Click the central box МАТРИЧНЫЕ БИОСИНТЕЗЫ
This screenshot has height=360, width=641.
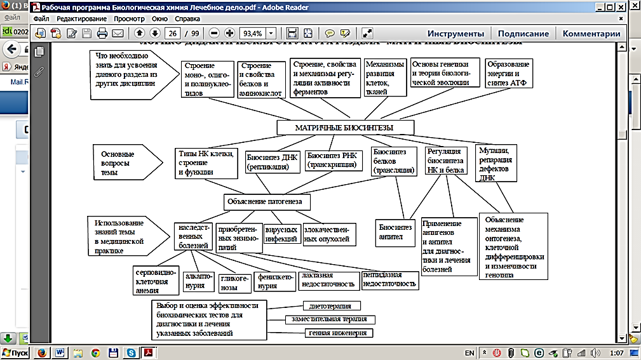345,128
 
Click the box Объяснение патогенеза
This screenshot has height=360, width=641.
267,202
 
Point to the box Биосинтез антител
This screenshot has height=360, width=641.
395,232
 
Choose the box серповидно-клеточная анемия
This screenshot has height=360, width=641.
154,280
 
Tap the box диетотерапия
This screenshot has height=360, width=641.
332,306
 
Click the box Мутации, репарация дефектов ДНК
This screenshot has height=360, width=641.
497,163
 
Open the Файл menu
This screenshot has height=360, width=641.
41,19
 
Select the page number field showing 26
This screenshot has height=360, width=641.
172,34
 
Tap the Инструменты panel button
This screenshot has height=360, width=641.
455,34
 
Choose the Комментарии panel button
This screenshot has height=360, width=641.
591,34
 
